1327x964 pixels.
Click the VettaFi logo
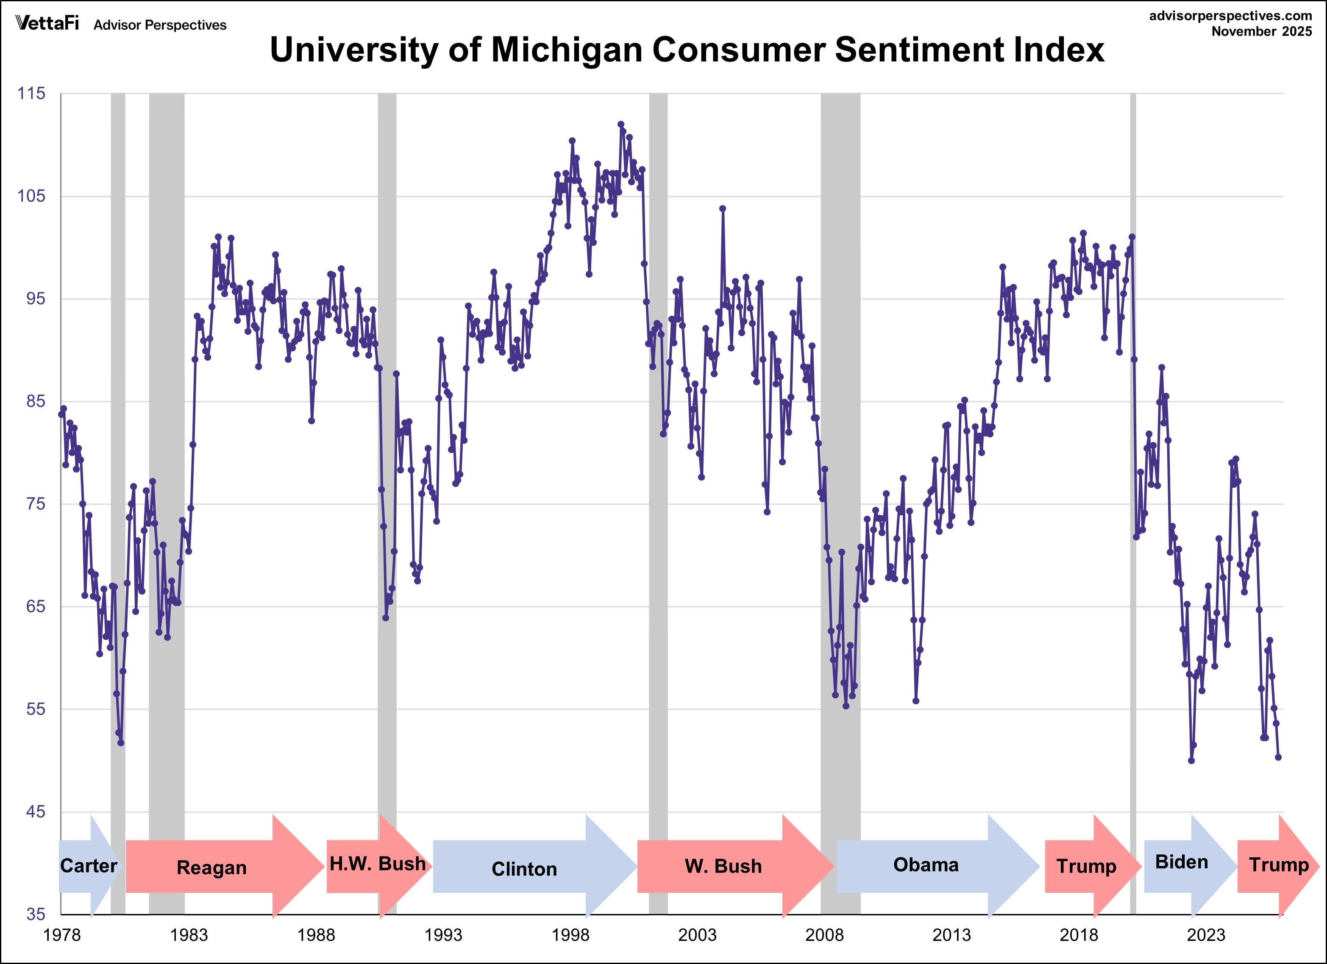coord(47,23)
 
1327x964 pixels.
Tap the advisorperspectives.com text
coord(1230,16)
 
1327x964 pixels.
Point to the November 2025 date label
coord(1261,32)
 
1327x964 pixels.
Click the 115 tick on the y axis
coord(31,94)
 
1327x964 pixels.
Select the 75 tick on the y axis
coord(35,504)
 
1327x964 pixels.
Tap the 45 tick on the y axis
coord(35,812)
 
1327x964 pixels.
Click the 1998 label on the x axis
coord(570,935)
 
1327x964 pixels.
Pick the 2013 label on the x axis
coord(951,935)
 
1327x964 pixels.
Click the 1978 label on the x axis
coord(61,935)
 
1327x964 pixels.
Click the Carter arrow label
coord(88,866)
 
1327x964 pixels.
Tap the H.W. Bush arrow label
coord(377,864)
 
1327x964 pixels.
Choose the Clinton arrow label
coord(524,869)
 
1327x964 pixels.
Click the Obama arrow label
coord(926,865)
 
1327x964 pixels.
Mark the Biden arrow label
coord(1181,862)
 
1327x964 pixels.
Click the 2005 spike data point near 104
coord(723,208)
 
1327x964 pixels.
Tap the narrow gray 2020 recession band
coord(1133,468)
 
